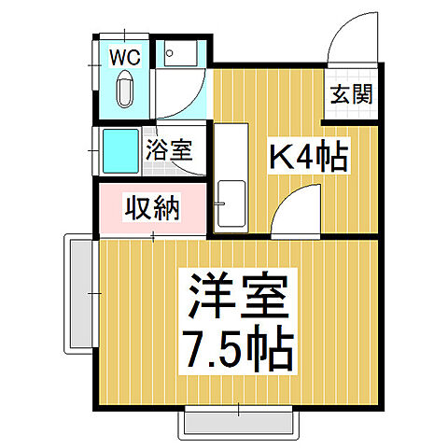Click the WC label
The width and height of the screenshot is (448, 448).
click(126, 57)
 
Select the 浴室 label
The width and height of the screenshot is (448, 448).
click(172, 149)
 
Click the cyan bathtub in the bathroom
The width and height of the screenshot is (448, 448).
click(120, 149)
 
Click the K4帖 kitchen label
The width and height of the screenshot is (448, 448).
click(308, 156)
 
